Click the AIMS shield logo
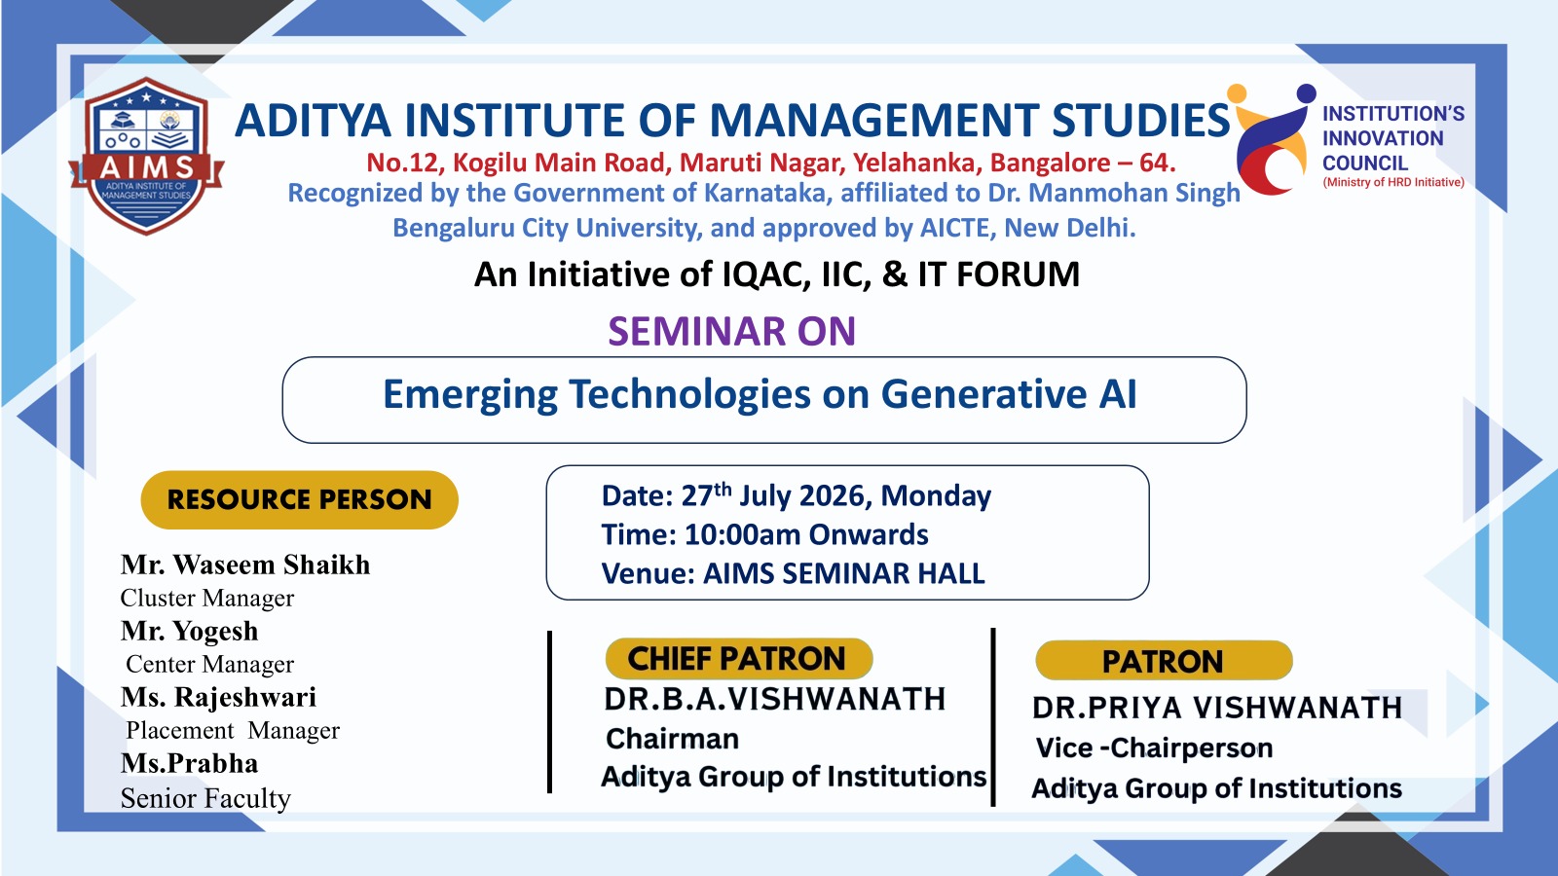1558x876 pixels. [146, 156]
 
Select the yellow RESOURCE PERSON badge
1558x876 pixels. [299, 500]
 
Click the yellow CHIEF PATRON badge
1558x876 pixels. [739, 658]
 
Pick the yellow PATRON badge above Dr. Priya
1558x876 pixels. [1164, 661]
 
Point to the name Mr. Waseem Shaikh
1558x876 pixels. [244, 565]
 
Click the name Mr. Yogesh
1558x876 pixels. [189, 632]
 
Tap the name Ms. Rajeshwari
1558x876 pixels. [218, 697]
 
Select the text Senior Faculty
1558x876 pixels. [205, 798]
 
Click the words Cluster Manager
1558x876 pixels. [207, 598]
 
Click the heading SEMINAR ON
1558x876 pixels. [731, 331]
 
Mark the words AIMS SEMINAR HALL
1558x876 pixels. [843, 573]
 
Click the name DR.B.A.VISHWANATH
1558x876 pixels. [775, 699]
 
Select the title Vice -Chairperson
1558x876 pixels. [1154, 748]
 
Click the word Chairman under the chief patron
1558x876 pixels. [672, 739]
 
